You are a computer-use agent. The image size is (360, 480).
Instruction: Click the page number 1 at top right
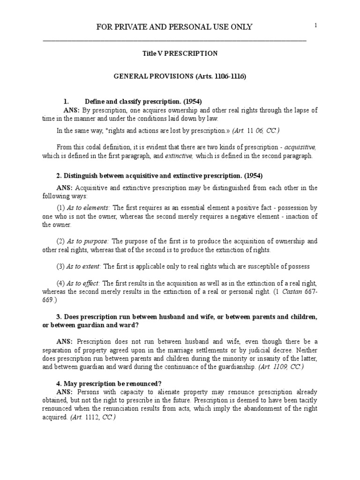pos(316,25)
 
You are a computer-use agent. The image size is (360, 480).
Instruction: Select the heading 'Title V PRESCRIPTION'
pos(180,53)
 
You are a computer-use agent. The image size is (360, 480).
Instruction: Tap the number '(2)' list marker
pos(61,241)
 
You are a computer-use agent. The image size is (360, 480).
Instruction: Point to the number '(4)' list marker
pos(61,283)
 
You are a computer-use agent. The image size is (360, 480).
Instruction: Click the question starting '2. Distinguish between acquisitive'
pos(159,176)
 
